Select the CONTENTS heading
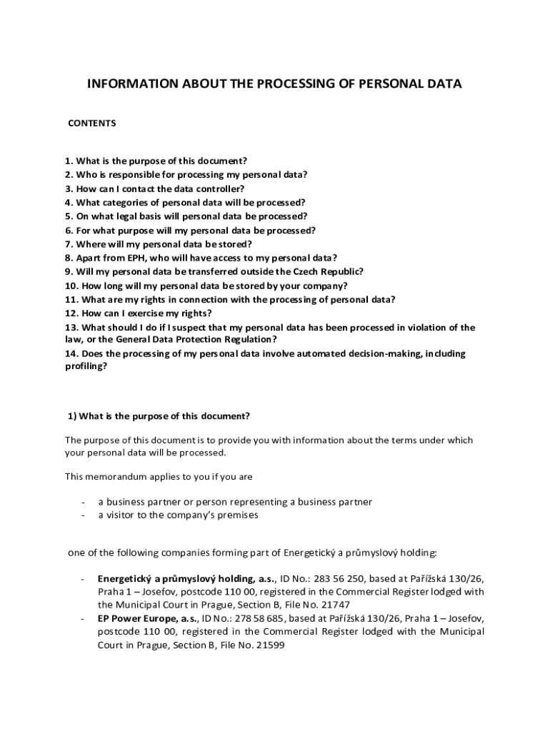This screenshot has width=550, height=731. [92, 123]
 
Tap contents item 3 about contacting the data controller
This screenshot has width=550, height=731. [154, 188]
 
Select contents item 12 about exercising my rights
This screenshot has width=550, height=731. [138, 313]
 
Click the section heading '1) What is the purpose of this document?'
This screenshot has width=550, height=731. [159, 416]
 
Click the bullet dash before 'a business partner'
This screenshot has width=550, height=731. [84, 502]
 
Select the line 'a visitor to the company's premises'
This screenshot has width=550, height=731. [178, 515]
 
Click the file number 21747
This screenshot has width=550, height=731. [335, 604]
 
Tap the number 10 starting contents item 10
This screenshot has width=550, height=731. [70, 286]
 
